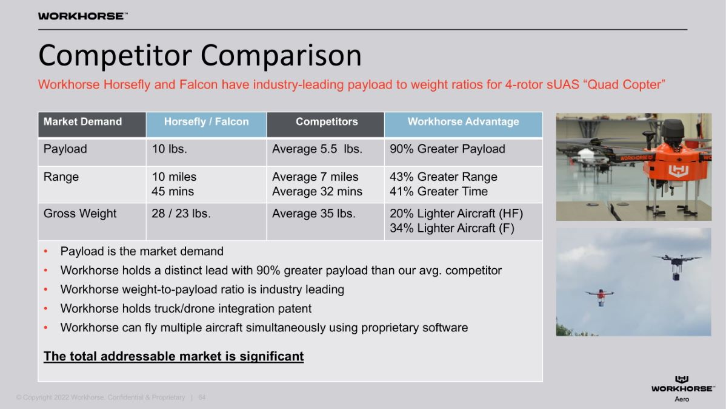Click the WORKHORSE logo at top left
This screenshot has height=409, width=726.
(82, 16)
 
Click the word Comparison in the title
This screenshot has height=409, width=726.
(281, 55)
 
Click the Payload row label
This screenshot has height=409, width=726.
(65, 149)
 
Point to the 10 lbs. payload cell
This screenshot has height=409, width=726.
(170, 149)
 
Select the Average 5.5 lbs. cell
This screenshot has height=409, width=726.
(317, 149)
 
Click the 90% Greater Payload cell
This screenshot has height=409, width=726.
(447, 149)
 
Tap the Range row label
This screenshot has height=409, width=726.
(61, 177)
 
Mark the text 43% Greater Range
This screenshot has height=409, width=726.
(444, 177)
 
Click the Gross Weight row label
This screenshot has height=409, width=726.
(80, 214)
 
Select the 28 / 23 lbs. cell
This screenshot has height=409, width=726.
(181, 214)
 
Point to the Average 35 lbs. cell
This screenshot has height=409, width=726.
(314, 214)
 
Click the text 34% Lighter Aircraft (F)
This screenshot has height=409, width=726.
(452, 228)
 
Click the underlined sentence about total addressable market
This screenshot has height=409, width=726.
(174, 356)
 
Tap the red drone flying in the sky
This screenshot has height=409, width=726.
(600, 296)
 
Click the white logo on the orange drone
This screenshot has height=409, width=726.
(678, 171)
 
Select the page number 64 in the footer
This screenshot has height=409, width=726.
(202, 397)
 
